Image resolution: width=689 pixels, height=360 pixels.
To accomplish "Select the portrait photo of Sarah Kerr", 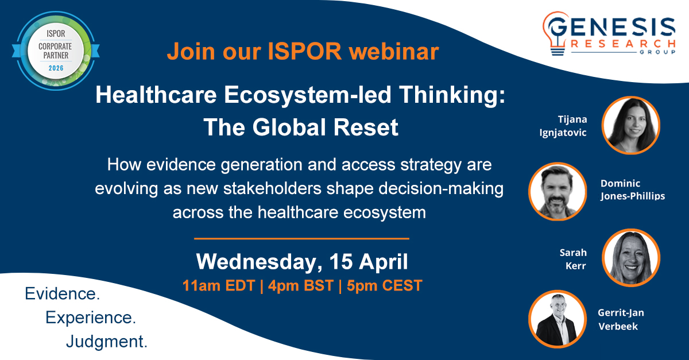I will (631, 257).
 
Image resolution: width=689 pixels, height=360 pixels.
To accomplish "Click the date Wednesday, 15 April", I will (302, 262).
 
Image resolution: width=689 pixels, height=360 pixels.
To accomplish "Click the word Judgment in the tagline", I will (107, 342).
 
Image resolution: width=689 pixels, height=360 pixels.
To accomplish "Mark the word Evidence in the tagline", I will (62, 294).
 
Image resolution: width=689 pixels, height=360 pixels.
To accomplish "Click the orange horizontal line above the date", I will (301, 238).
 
